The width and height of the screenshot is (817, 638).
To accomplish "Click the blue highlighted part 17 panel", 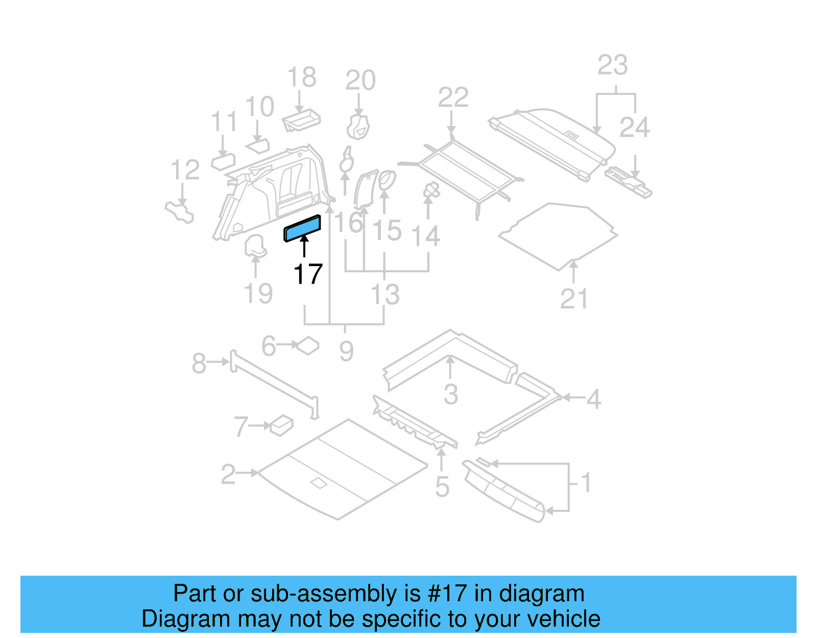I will click(x=302, y=228).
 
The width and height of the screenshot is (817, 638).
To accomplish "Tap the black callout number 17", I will click(x=308, y=274).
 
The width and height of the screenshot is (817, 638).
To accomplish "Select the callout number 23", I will click(x=612, y=65).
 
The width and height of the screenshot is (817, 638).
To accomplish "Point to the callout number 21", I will click(x=574, y=299).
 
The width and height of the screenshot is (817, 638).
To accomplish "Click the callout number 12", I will click(x=184, y=170).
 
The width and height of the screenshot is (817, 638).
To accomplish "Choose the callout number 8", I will click(x=199, y=364).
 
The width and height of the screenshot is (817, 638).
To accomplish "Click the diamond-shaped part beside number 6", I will click(x=308, y=346).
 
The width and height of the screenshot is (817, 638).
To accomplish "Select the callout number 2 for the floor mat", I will click(x=228, y=475).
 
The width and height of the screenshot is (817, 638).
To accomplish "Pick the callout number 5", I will click(x=442, y=487).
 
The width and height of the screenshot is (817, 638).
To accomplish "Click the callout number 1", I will click(x=586, y=482).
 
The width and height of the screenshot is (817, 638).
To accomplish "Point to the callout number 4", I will click(x=593, y=399).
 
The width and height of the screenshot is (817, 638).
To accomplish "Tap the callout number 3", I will click(x=450, y=394).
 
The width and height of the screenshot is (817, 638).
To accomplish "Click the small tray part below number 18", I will click(x=301, y=121).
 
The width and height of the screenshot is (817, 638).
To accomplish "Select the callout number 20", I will click(x=360, y=81).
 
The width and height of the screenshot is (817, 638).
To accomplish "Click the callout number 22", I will click(x=453, y=98).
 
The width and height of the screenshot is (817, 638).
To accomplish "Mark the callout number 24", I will click(x=634, y=128).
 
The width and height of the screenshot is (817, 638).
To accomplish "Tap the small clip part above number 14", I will click(x=431, y=191).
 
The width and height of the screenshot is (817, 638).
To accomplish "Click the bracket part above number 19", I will click(x=255, y=245).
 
